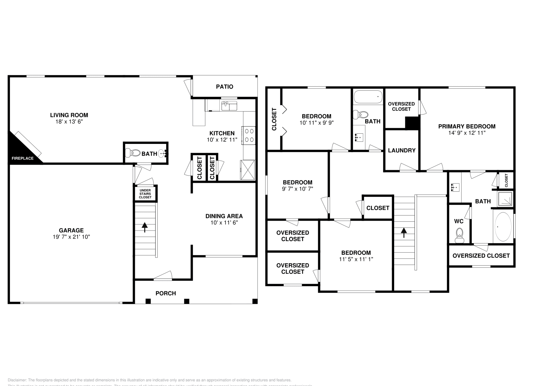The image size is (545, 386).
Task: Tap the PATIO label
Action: pos(224,87)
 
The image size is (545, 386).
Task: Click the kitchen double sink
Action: pos(229,106)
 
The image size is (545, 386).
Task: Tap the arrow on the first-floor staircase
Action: pos(145,227)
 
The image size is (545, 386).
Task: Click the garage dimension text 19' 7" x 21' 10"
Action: pos(71,237)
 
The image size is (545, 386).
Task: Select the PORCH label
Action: pos(166,293)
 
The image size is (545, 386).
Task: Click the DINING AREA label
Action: pos(224,216)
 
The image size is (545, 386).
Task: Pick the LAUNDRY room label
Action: pos(402,150)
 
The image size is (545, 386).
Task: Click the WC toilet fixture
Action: pos(460,235)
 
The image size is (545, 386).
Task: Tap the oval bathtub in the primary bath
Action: pos(503,226)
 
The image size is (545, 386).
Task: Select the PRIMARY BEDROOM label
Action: pos(467,126)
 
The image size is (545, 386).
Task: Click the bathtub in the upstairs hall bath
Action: pos(368,97)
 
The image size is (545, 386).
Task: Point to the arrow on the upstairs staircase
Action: pos(404,233)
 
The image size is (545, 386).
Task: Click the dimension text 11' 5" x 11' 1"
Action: pos(356,259)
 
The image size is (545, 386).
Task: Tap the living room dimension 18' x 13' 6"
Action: pos(69,122)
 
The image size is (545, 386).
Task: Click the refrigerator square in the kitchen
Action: pos(247,169)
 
